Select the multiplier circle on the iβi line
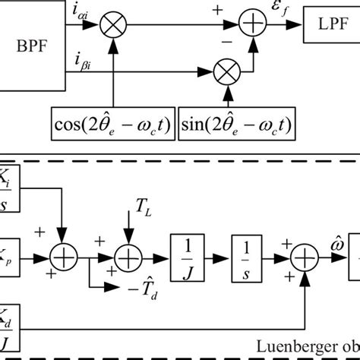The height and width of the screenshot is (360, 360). pyautogui.click(x=228, y=76)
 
